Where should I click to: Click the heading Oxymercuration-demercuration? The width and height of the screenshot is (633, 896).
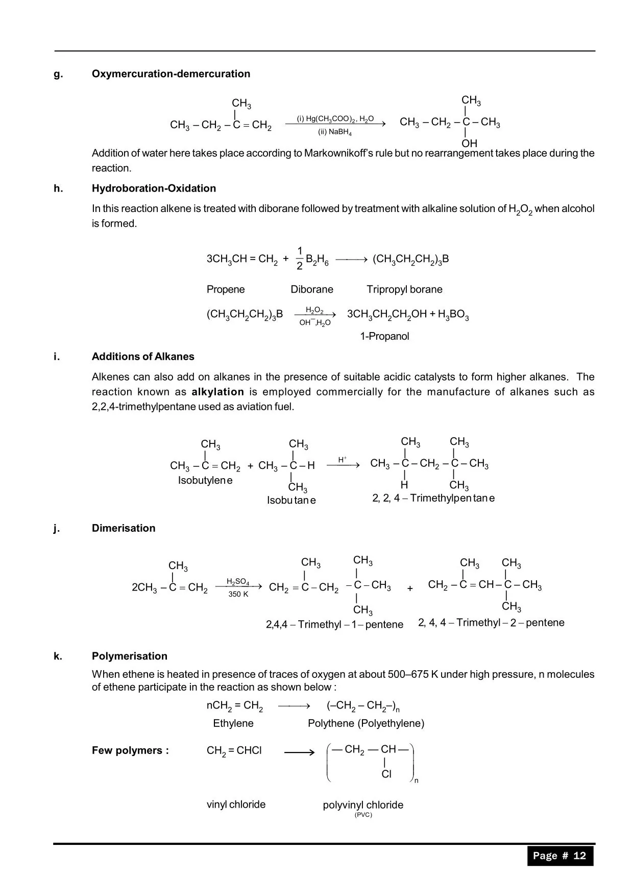(x=171, y=74)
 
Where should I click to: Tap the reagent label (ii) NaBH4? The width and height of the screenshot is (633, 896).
(x=335, y=132)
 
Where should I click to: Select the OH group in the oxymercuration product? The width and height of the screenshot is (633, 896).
(x=469, y=144)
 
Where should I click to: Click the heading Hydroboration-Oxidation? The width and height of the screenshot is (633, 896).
(x=154, y=188)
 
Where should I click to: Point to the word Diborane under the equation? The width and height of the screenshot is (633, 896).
(x=311, y=289)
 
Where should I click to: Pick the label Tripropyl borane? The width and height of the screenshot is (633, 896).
(x=404, y=289)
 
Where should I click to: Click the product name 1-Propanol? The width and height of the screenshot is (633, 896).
(x=384, y=336)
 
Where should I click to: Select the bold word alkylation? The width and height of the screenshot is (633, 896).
(x=217, y=392)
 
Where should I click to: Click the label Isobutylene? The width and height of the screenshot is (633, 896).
(x=205, y=480)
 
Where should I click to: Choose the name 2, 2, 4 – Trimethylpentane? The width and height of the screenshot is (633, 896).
(x=433, y=498)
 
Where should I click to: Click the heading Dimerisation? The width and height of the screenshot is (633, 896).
(x=124, y=528)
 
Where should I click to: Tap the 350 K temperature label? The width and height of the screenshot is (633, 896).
(x=238, y=594)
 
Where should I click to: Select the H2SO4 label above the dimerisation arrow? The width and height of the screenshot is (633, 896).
(x=238, y=582)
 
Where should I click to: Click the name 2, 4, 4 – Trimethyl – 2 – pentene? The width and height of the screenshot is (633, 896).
(x=491, y=622)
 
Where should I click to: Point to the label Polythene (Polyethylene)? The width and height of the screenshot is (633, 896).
(x=366, y=723)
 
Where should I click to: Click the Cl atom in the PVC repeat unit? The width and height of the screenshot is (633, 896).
(x=386, y=774)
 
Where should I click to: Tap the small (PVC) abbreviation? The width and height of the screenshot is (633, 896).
(x=363, y=815)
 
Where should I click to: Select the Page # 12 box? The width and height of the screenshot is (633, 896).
(x=560, y=856)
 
